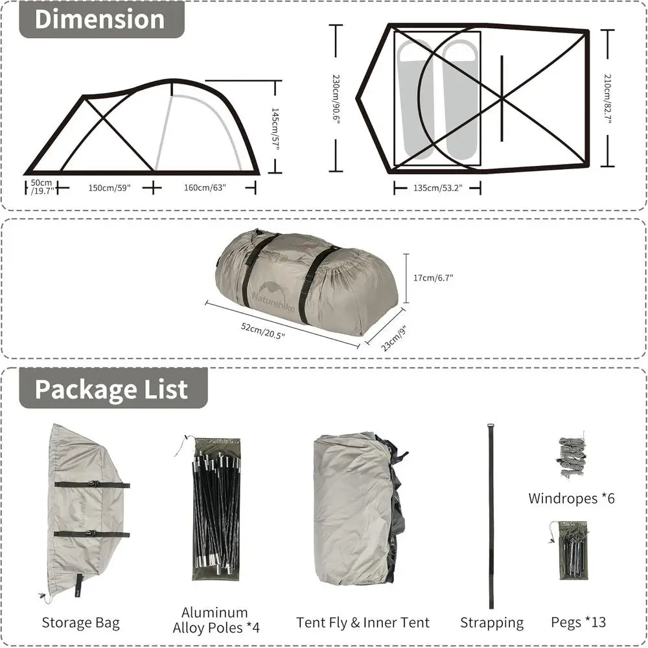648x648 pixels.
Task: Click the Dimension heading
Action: click(100, 19)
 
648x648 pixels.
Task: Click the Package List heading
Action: click(111, 389)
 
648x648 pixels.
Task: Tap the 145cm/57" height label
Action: click(275, 129)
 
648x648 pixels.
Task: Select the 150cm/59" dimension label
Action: click(110, 188)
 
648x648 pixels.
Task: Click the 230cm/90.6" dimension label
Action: click(336, 100)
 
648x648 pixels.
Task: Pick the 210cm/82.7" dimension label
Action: click(608, 99)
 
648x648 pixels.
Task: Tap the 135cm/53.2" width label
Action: click(437, 189)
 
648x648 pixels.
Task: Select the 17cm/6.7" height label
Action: click(434, 277)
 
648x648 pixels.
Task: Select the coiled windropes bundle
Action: click(570, 457)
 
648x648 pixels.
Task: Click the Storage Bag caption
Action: click(81, 623)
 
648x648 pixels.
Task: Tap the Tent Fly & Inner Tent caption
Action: click(364, 623)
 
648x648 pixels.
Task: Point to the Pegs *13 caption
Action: click(579, 622)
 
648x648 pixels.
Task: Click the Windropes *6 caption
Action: click(572, 498)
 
